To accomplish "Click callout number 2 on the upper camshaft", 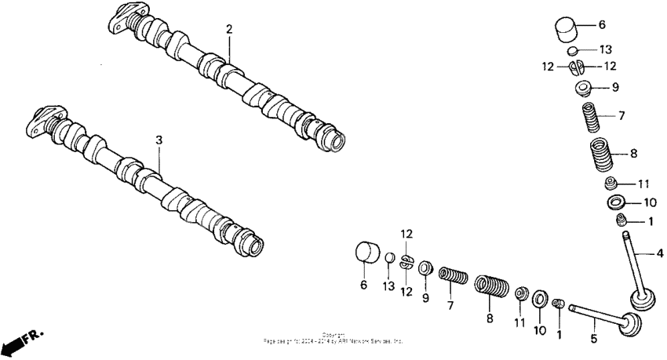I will click(229, 30).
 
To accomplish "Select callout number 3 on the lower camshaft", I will click(159, 140).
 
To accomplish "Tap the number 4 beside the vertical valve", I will click(659, 253).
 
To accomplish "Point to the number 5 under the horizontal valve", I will click(593, 339).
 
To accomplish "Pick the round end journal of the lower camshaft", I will click(253, 245).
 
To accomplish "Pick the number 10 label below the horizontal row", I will click(539, 330).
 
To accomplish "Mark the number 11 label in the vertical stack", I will click(643, 184).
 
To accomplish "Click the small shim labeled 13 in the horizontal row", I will click(389, 259).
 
